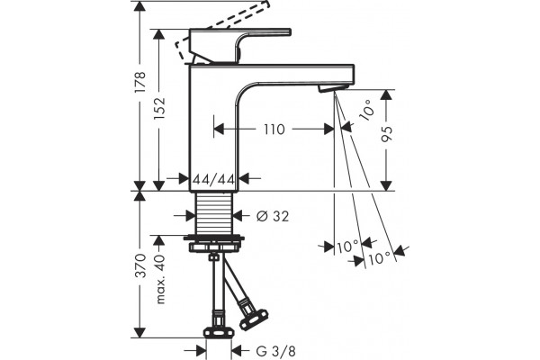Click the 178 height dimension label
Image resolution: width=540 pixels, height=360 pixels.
click(140, 82)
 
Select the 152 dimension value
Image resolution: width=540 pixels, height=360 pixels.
click(159, 109)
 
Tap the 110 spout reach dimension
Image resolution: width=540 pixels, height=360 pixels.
click(274, 130)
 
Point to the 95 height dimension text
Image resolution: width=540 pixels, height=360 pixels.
click(387, 134)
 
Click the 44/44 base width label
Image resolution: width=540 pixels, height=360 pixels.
click(214, 179)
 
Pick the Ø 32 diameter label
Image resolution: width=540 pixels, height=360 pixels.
click(273, 216)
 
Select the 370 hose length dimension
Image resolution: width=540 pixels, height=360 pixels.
click(140, 265)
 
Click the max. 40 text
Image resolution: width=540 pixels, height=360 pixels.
click(160, 279)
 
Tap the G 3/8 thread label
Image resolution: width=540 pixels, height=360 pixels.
click(275, 351)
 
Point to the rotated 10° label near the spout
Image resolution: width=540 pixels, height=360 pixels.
click(366, 110)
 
